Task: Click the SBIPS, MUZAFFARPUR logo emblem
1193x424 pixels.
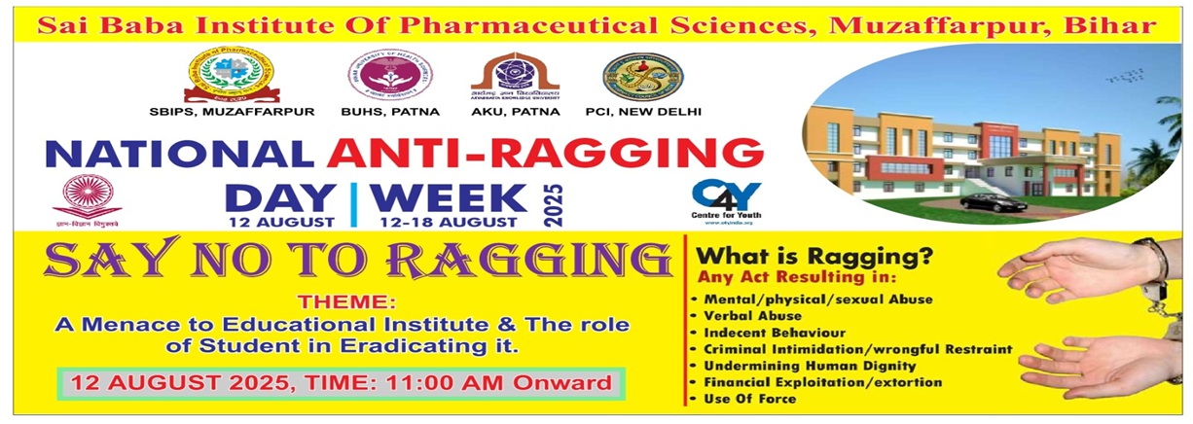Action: point(231,75)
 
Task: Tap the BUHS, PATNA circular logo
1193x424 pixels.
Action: point(390,75)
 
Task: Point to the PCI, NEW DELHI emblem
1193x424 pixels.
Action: point(642,76)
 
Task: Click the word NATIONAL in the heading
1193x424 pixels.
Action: point(181,154)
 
